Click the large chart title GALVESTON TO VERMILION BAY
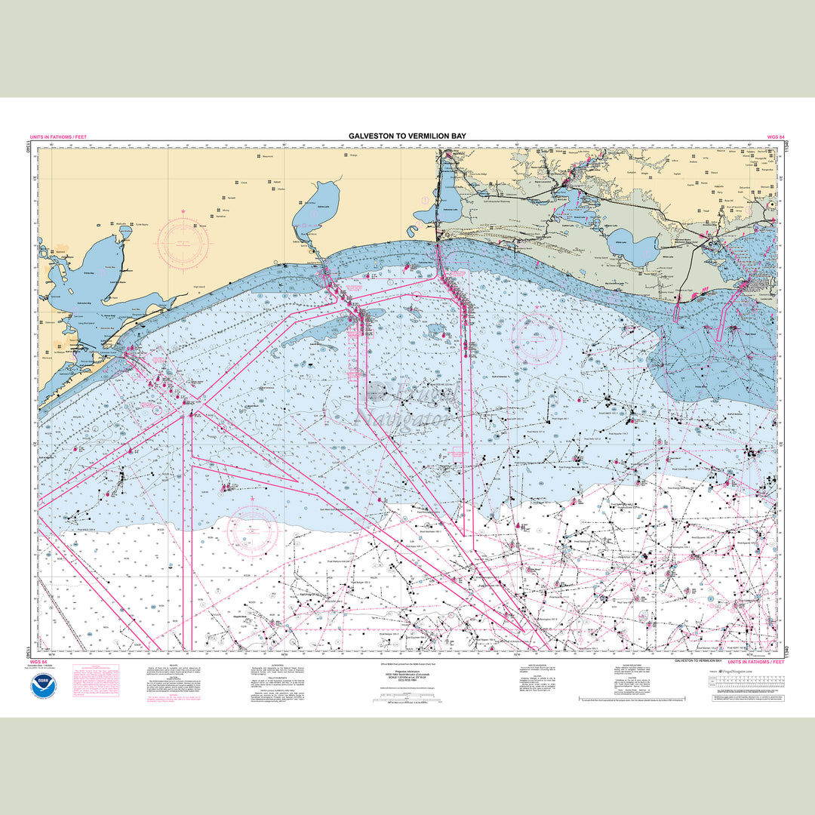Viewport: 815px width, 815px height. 407,136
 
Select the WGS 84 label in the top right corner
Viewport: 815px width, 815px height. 756,137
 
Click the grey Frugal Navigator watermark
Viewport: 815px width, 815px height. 407,404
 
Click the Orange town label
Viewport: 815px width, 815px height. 352,155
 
